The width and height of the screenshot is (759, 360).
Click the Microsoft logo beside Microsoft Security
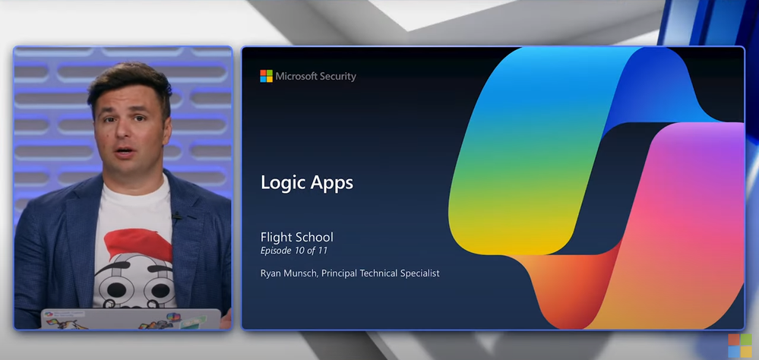point(266,76)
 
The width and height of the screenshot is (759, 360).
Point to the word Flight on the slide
point(275,237)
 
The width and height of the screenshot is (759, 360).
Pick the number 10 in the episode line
point(299,251)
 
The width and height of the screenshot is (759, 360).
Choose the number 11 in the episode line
point(323,251)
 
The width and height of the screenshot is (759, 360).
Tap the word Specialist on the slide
point(419,273)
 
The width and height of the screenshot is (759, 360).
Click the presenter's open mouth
point(125,151)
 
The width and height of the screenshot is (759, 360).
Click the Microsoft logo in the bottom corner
point(740,346)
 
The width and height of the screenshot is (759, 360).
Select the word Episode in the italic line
point(276,251)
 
